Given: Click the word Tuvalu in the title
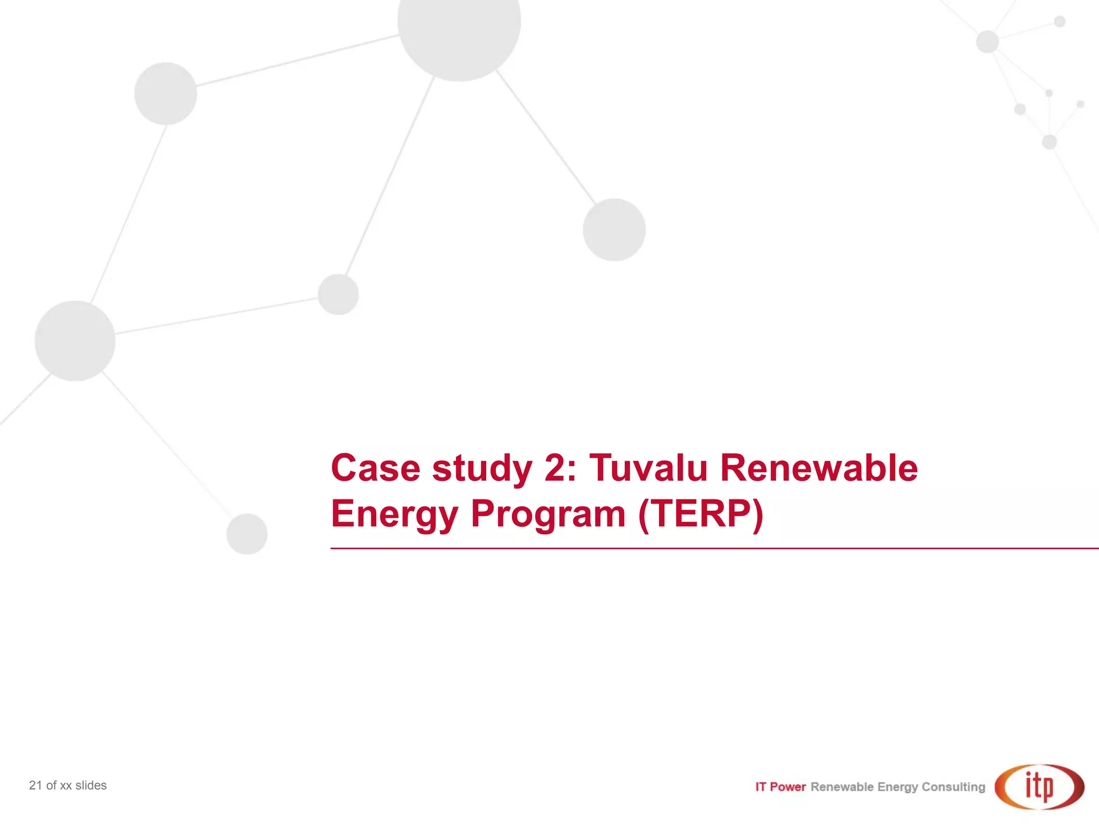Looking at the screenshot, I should (648, 468).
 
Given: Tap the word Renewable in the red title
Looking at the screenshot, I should (819, 468).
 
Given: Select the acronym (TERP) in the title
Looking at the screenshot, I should (700, 514).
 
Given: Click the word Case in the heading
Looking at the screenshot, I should (376, 468).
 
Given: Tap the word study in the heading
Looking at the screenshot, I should (482, 469).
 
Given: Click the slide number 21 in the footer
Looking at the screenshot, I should (35, 785).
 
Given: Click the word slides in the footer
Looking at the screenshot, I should (91, 785).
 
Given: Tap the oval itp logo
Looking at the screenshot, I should (1039, 786).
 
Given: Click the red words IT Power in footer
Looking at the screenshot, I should (780, 787).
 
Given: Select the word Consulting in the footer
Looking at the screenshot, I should (953, 787).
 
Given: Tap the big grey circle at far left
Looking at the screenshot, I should (75, 341).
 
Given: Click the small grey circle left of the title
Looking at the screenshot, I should (247, 534).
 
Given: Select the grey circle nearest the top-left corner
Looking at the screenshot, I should (165, 93).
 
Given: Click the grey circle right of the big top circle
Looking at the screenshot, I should (614, 230).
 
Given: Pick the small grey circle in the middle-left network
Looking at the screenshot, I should (338, 295).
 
